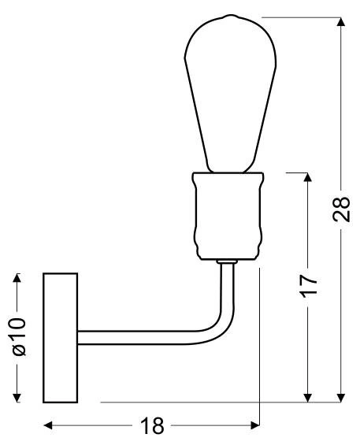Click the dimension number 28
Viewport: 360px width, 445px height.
click(x=341, y=210)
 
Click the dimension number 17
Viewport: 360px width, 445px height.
click(x=309, y=286)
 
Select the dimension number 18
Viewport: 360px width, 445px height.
click(x=152, y=425)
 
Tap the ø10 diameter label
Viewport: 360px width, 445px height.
click(x=19, y=337)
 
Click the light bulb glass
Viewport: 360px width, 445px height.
click(x=230, y=94)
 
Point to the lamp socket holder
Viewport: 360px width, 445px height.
click(x=228, y=217)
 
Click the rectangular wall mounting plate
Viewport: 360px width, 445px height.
click(x=60, y=338)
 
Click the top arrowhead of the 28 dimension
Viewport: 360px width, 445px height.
click(x=340, y=22)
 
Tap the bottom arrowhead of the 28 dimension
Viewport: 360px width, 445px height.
click(x=340, y=398)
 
